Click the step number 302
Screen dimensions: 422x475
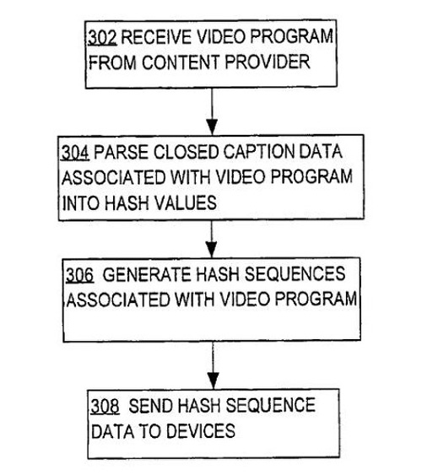(102, 37)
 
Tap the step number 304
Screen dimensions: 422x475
(75, 153)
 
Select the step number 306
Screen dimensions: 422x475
(79, 275)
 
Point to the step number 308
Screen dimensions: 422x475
(105, 407)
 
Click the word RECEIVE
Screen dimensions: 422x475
(157, 37)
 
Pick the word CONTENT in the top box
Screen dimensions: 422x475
(180, 62)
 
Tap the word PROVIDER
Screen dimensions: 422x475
(268, 62)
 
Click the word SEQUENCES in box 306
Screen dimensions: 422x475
(295, 274)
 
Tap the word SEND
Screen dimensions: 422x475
(150, 406)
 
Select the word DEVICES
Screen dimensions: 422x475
(201, 431)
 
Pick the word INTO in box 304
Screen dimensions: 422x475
(80, 203)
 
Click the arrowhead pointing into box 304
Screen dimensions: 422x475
(212, 127)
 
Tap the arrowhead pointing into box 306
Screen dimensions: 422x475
(211, 250)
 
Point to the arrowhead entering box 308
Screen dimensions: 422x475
(214, 381)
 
